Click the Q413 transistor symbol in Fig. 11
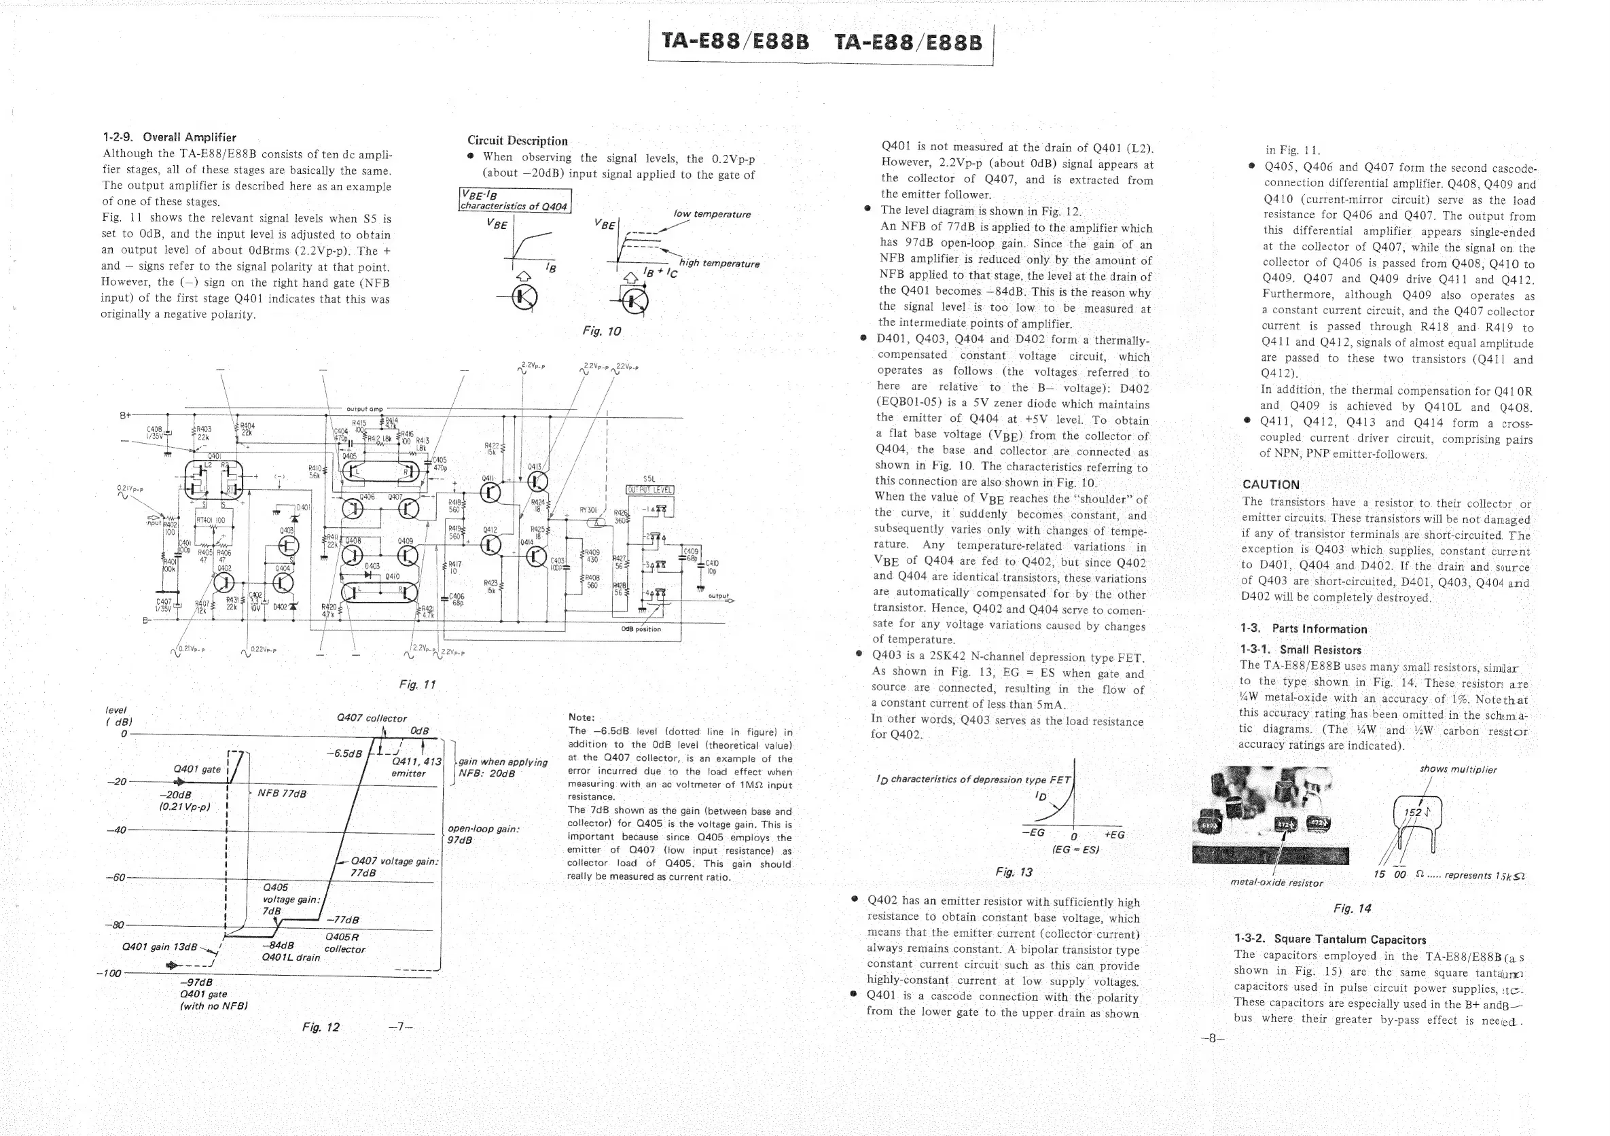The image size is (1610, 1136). click(538, 481)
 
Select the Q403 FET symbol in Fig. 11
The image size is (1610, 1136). click(288, 546)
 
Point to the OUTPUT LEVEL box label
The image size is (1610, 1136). click(649, 490)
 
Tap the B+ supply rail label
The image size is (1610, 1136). click(126, 415)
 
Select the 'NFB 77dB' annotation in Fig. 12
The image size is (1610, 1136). click(282, 793)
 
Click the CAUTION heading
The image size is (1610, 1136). click(1270, 484)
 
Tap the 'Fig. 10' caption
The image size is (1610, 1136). click(602, 331)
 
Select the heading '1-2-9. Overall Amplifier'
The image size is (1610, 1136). click(169, 137)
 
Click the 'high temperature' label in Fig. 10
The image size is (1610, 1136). click(719, 264)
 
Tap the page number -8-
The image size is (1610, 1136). click(1212, 1039)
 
